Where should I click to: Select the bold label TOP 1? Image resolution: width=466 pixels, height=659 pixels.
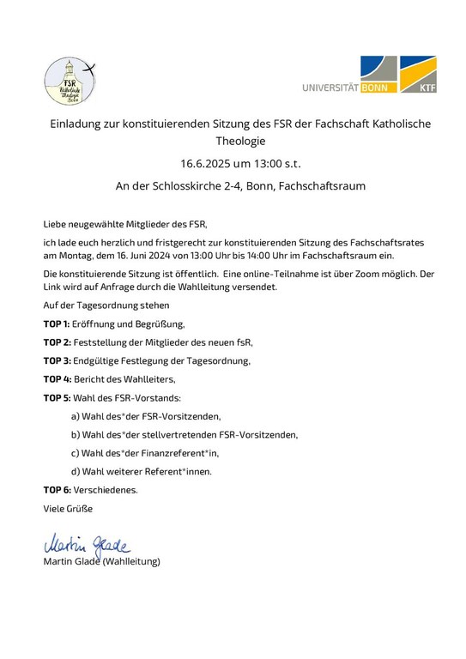[57, 323]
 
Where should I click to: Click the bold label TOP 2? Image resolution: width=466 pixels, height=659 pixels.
[57, 342]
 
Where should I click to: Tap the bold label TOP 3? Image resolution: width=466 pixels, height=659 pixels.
[57, 360]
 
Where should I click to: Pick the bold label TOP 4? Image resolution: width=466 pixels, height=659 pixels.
[57, 378]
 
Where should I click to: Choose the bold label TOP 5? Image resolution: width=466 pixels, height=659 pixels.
[57, 397]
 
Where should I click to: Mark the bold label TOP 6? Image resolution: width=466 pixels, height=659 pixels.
[57, 490]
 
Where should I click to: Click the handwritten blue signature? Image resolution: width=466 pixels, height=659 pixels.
[85, 543]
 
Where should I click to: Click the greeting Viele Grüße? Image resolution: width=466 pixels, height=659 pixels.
[68, 508]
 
